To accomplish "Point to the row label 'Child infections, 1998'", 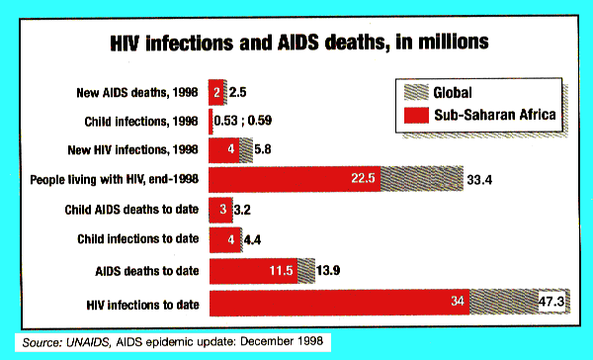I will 139,122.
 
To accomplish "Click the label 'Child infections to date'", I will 137,238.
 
